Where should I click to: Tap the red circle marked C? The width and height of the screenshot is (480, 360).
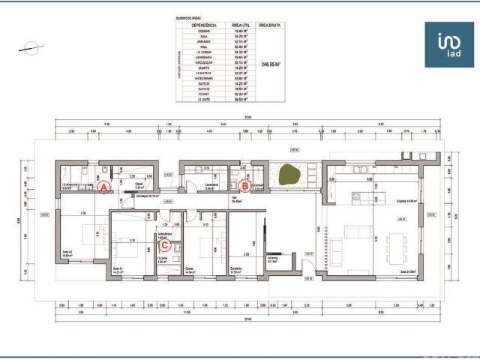point(166,243)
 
